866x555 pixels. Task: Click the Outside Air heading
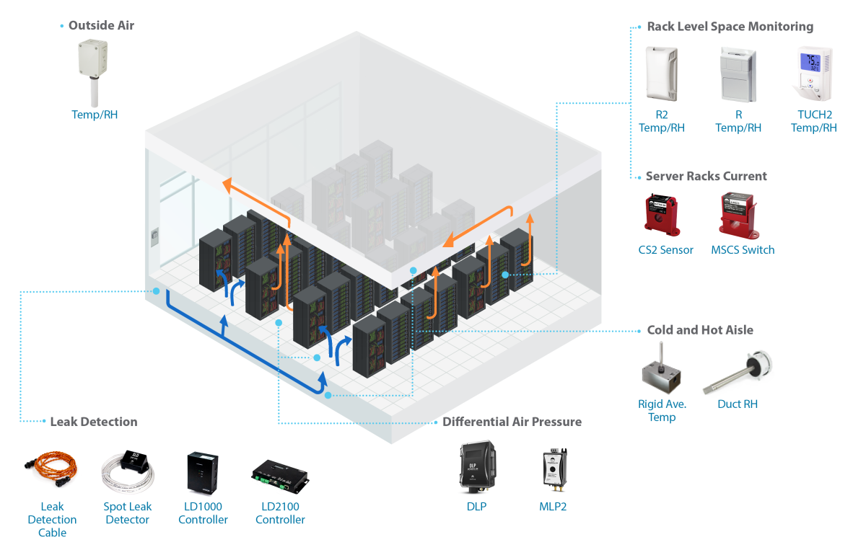pyautogui.click(x=101, y=25)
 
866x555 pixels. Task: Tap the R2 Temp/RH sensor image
pyautogui.click(x=661, y=74)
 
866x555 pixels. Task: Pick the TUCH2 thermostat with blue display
pyautogui.click(x=813, y=74)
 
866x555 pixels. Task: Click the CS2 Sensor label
pyautogui.click(x=665, y=250)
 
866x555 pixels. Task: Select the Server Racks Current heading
pyautogui.click(x=706, y=176)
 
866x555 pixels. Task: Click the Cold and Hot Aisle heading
pyautogui.click(x=700, y=330)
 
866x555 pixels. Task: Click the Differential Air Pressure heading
pyautogui.click(x=512, y=422)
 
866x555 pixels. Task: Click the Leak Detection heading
pyautogui.click(x=93, y=422)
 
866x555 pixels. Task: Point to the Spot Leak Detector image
pyautogui.click(x=128, y=469)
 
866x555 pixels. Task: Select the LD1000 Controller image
pyautogui.click(x=203, y=472)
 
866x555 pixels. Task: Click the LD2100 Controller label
pyautogui.click(x=280, y=513)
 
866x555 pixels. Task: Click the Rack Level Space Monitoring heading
pyautogui.click(x=730, y=27)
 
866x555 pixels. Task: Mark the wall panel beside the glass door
pyautogui.click(x=154, y=237)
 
